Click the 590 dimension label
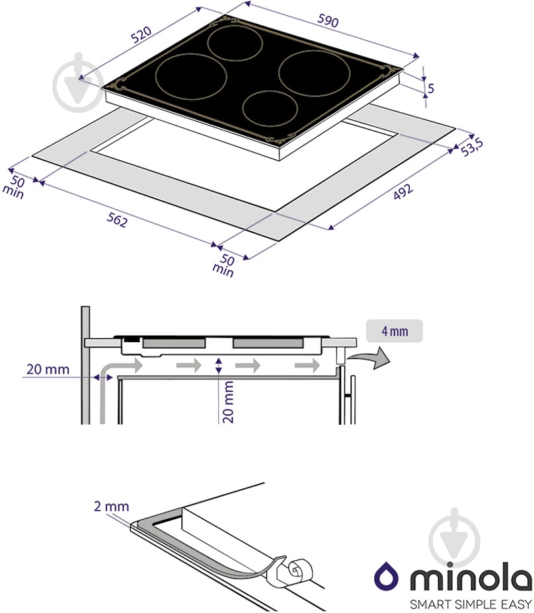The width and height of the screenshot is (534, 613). [x=327, y=20]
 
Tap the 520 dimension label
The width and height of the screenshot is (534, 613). [x=141, y=34]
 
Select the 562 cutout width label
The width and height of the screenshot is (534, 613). [x=117, y=221]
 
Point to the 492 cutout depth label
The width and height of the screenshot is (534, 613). [x=403, y=192]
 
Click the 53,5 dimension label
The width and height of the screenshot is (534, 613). [x=472, y=147]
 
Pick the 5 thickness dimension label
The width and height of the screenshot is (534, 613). [x=430, y=89]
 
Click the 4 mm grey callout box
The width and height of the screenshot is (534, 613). [x=395, y=331]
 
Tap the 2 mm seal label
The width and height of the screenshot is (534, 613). [x=111, y=506]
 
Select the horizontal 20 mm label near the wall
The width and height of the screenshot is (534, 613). [x=48, y=369]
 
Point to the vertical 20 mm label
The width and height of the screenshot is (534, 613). [x=228, y=402]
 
